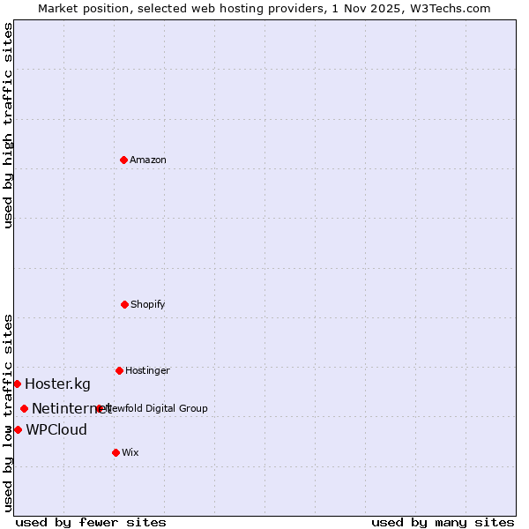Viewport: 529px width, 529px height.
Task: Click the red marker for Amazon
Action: [x=123, y=160]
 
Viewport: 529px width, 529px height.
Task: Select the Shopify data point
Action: [x=124, y=304]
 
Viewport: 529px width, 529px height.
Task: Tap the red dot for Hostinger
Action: [x=119, y=370]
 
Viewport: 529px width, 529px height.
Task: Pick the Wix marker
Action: [x=115, y=452]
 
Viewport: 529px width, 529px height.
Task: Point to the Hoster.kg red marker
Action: [x=17, y=384]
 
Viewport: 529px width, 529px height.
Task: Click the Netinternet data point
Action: [x=24, y=408]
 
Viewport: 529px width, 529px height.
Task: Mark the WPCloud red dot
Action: [x=18, y=429]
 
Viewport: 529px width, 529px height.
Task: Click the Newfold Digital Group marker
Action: [x=99, y=408]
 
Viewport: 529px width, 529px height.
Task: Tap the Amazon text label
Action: [x=148, y=160]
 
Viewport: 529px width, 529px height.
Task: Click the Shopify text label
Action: [x=148, y=304]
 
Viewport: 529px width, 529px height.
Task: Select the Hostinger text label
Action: [x=147, y=370]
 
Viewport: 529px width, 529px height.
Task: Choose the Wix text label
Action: [x=130, y=452]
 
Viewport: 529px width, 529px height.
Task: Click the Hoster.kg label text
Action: [x=57, y=384]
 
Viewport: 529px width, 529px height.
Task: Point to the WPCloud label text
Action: [x=56, y=429]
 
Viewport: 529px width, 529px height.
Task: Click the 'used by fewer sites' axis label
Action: [x=91, y=522]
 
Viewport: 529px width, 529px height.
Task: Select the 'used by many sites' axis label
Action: [x=443, y=522]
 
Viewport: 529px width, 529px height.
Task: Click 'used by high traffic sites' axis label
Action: [x=9, y=125]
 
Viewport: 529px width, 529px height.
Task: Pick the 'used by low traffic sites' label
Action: [x=9, y=413]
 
